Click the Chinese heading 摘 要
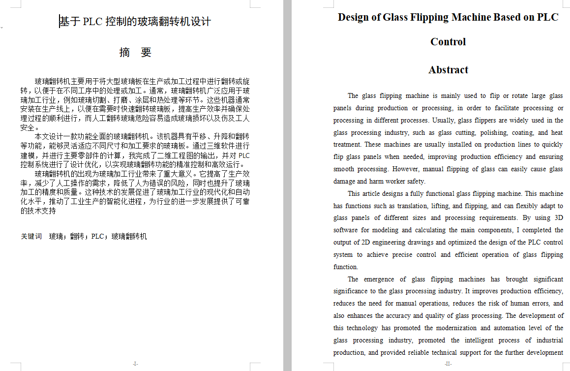tap(135, 53)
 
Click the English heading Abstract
tap(448, 70)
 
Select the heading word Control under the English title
tap(448, 42)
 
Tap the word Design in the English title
tap(353, 17)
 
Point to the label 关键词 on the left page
tap(31, 236)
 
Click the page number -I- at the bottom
tap(136, 364)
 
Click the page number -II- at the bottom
tap(448, 364)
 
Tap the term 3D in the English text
tap(559, 218)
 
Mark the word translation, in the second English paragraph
tap(409, 206)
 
